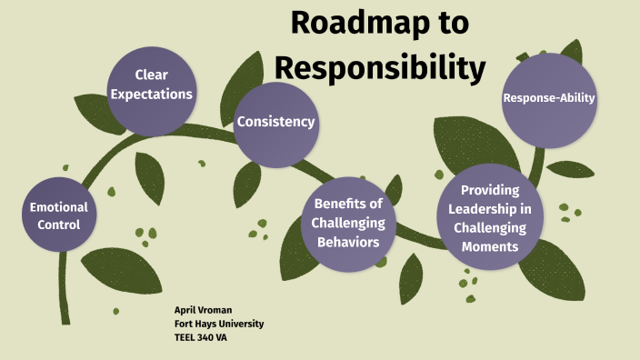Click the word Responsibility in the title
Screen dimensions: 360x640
click(380, 66)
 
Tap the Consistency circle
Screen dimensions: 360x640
click(275, 122)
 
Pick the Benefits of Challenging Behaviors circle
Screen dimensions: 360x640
click(348, 223)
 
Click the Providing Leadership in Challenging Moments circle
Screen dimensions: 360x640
click(489, 218)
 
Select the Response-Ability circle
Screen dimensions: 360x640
click(549, 98)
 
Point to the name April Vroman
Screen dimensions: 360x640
click(204, 310)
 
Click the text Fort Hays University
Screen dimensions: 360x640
click(218, 324)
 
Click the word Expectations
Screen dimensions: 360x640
click(152, 94)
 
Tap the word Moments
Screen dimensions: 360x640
click(489, 246)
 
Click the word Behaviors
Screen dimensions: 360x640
click(348, 242)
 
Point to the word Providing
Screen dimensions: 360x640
click(489, 189)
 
